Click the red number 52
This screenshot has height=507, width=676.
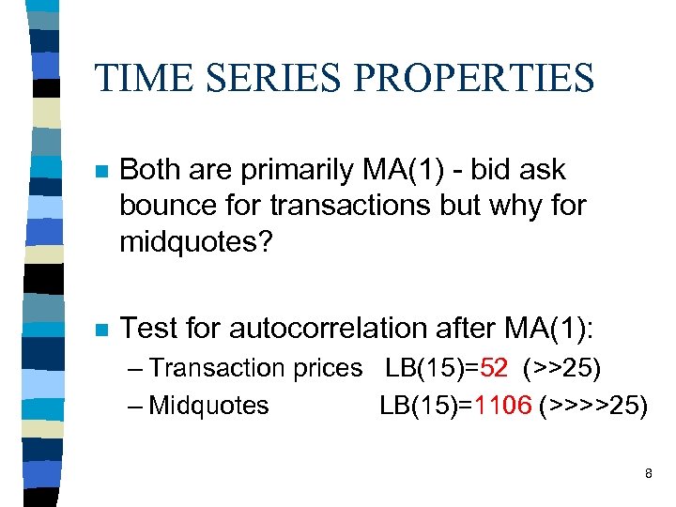pos(498,368)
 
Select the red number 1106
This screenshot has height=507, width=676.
pos(503,406)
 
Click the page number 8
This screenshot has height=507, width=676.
pos(648,474)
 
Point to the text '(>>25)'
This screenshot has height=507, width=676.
pos(562,368)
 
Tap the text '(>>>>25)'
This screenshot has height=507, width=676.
pos(594,406)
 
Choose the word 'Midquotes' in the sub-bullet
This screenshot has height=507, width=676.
pos(208,406)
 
